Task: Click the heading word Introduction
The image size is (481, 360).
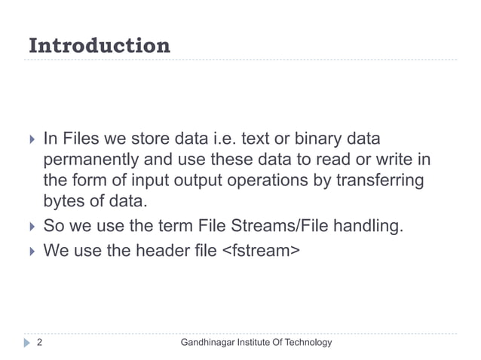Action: pos(99,46)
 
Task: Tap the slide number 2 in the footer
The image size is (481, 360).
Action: pos(38,343)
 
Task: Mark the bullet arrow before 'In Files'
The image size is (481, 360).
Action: pos(31,140)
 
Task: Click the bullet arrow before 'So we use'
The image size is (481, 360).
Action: pos(31,225)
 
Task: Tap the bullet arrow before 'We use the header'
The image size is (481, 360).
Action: pos(31,247)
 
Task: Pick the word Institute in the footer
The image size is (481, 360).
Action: pos(253,343)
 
